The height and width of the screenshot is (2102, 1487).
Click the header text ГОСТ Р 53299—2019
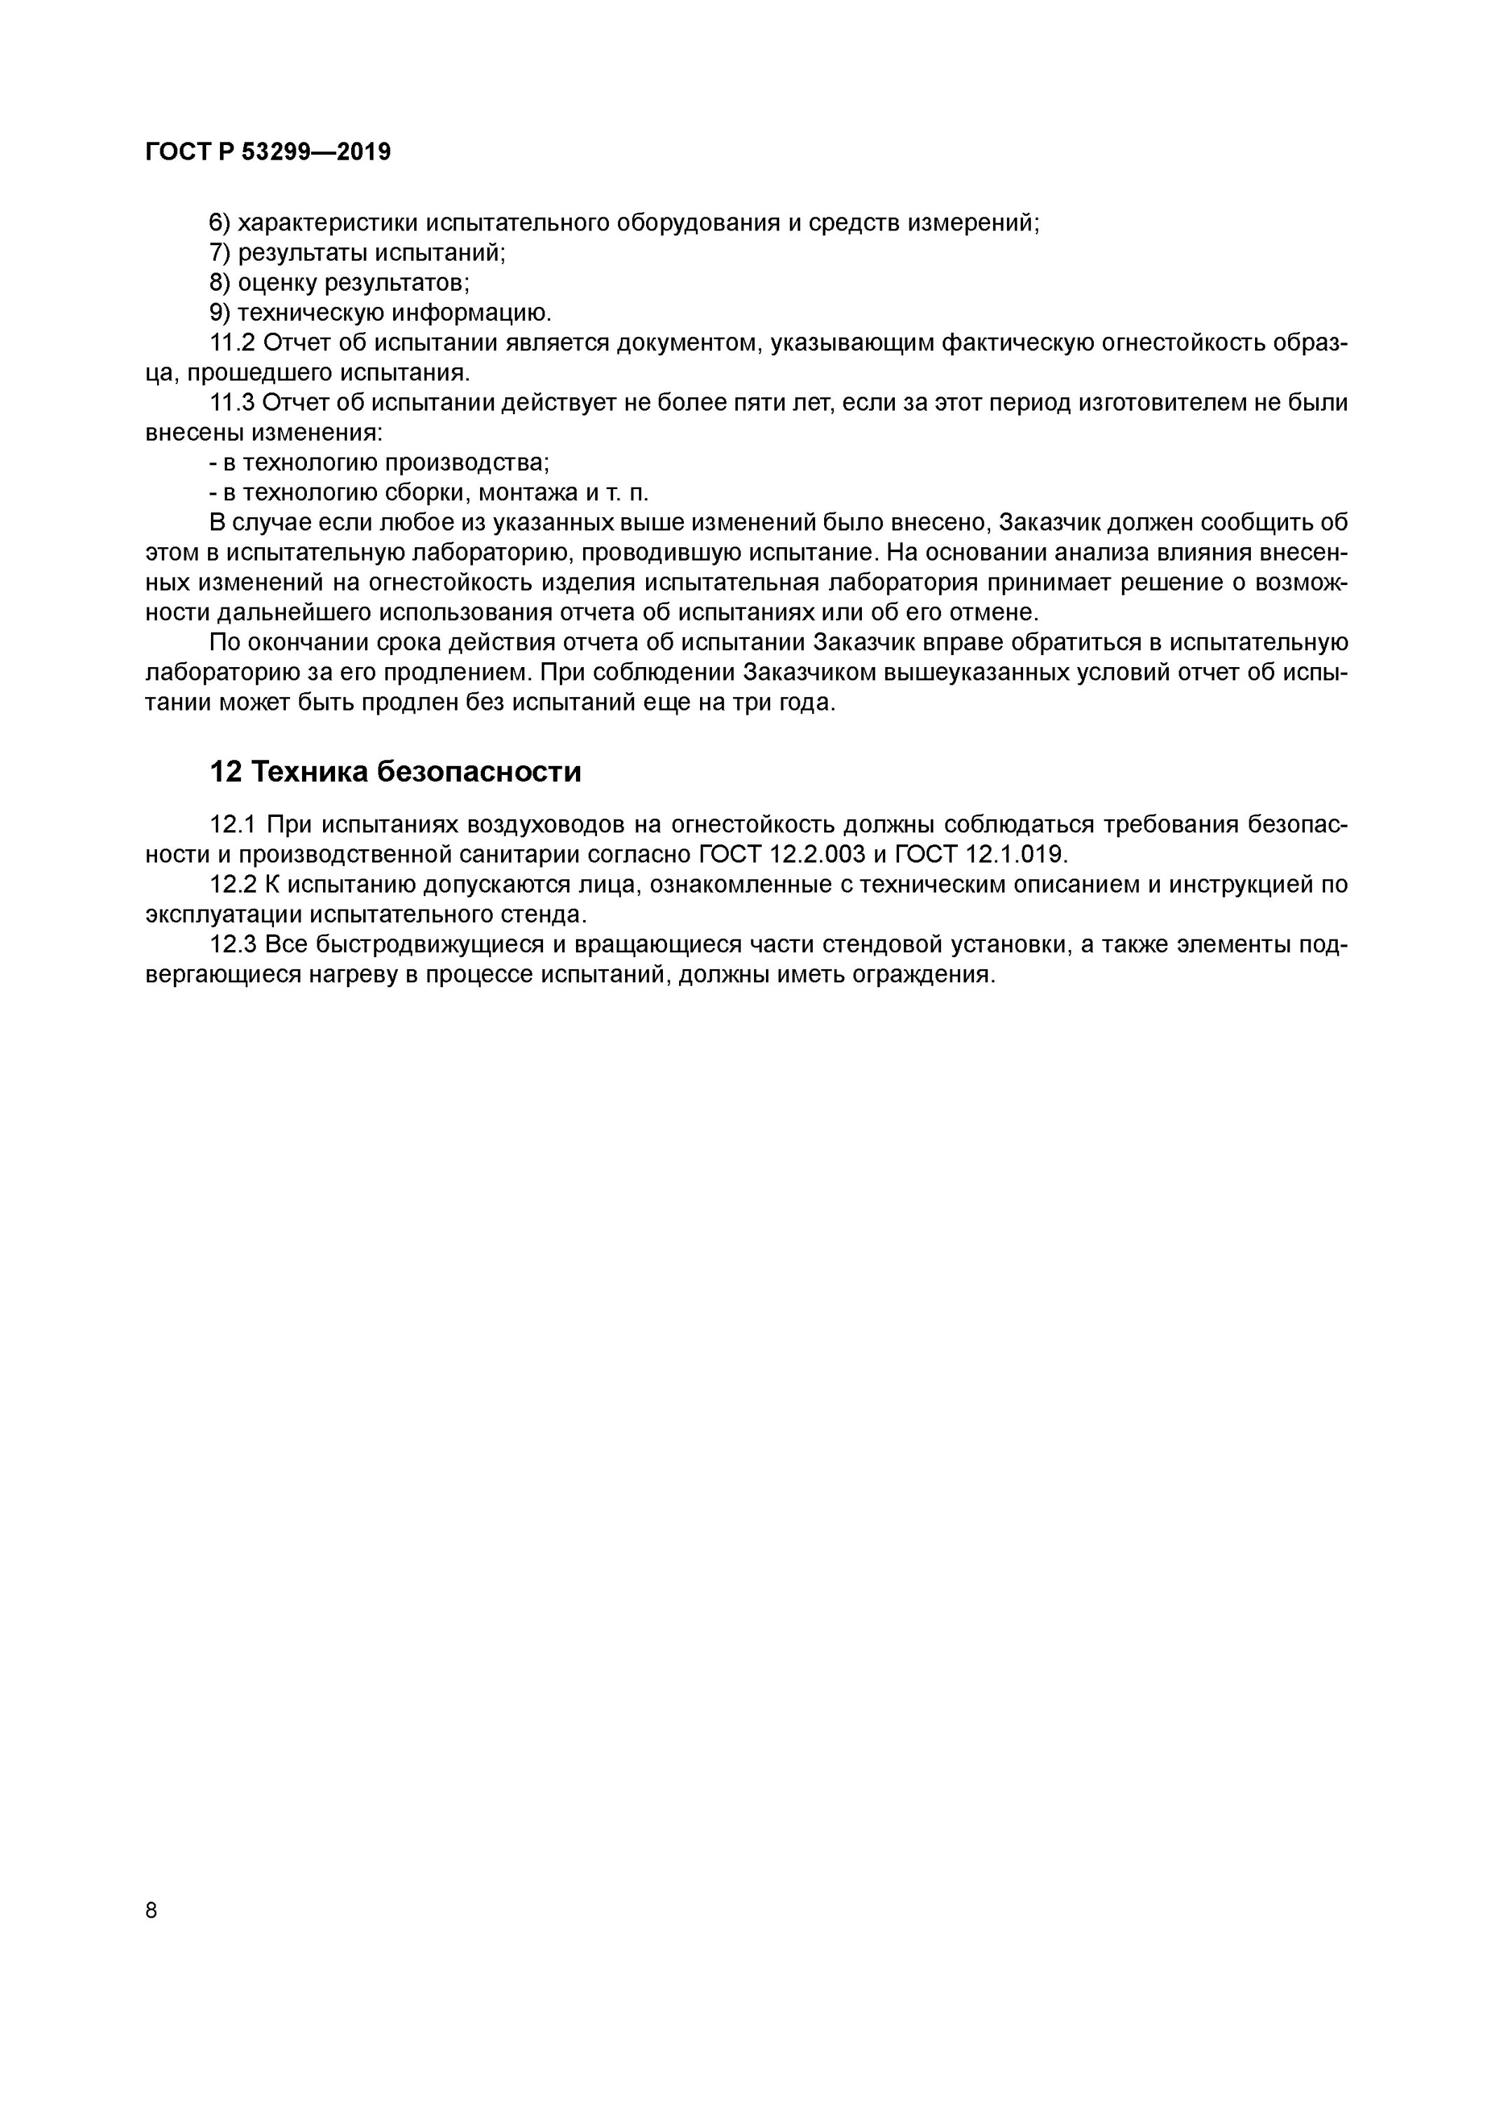click(x=268, y=152)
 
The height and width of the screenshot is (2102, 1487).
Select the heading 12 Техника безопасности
click(x=395, y=771)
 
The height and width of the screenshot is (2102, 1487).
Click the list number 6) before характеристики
click(x=221, y=223)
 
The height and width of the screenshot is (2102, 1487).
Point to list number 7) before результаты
click(x=221, y=253)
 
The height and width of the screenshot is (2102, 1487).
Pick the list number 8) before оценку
click(x=221, y=283)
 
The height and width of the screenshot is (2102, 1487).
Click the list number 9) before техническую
click(x=221, y=313)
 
